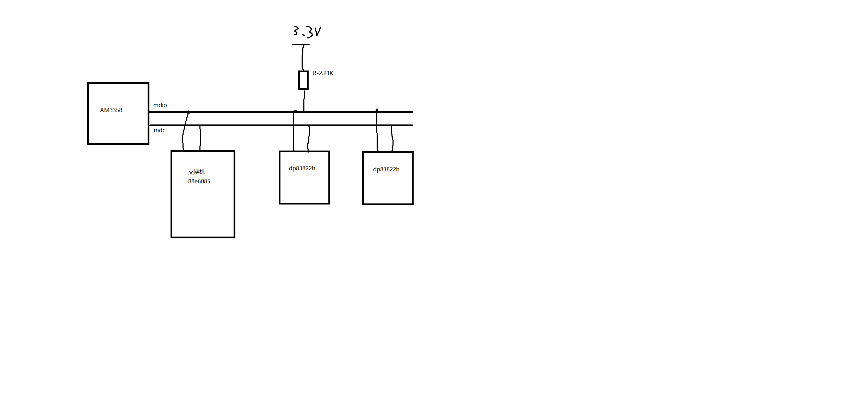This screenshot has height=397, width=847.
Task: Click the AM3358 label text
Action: [x=111, y=110]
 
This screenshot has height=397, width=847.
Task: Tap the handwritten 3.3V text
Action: [x=307, y=31]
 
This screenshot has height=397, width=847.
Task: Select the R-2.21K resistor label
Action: [x=323, y=73]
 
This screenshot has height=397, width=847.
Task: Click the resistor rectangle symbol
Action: [x=303, y=80]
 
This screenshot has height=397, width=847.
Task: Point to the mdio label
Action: [x=160, y=105]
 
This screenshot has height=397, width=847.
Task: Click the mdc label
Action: [x=159, y=130]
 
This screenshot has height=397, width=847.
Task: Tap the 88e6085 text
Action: [x=199, y=181]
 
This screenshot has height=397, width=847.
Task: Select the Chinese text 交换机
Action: [x=196, y=172]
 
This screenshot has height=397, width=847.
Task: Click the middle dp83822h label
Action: [x=302, y=168]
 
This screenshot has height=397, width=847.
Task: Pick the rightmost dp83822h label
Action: [x=386, y=169]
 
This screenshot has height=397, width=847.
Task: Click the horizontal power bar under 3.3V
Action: [x=301, y=45]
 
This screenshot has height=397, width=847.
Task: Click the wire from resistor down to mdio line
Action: [x=304, y=100]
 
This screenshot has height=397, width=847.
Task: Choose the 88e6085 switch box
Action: [x=203, y=212]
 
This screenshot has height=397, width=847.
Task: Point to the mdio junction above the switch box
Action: [x=188, y=112]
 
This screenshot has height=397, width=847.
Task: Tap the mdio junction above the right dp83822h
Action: [x=377, y=111]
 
